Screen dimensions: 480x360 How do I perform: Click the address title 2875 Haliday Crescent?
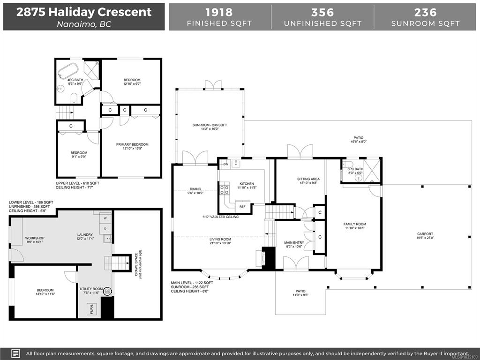(x=84, y=12)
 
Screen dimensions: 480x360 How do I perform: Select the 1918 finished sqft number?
(x=219, y=12)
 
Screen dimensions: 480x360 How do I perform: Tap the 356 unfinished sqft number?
(x=322, y=12)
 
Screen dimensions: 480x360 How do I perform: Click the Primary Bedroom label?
(x=132, y=144)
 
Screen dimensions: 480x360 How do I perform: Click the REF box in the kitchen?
(x=242, y=207)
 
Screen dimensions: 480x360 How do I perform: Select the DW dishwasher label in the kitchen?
(x=225, y=165)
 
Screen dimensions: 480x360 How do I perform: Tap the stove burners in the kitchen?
(x=225, y=189)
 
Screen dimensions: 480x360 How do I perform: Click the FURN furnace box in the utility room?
(x=91, y=309)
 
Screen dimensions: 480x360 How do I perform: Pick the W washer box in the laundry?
(x=105, y=218)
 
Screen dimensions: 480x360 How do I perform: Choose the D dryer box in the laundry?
(x=105, y=229)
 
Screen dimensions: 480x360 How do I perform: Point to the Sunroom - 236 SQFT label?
(x=210, y=125)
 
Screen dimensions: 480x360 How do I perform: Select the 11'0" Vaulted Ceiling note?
(x=220, y=217)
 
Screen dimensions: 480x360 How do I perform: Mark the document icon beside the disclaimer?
(x=16, y=353)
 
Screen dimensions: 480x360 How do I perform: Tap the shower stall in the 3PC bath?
(x=373, y=171)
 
